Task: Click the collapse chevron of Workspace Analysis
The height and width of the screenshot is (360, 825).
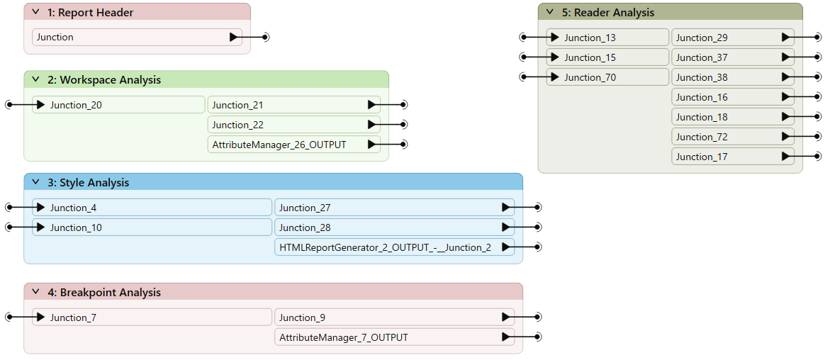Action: pos(35,79)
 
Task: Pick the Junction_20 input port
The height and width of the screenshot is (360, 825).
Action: pos(118,105)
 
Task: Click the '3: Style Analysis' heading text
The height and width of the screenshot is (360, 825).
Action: pos(88,182)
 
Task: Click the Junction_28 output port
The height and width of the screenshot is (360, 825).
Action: pos(394,227)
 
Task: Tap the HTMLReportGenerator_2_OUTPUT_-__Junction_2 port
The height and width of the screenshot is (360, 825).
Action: pos(394,247)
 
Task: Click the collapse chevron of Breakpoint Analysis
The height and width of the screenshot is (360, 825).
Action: pos(35,292)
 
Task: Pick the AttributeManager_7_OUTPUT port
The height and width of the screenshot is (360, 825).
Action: pos(394,337)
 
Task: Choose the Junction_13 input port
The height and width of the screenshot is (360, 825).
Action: pos(607,38)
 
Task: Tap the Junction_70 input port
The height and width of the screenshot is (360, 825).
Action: pos(607,77)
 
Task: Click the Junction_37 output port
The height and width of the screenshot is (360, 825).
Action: pos(733,57)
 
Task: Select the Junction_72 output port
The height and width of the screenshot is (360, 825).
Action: pos(733,137)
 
